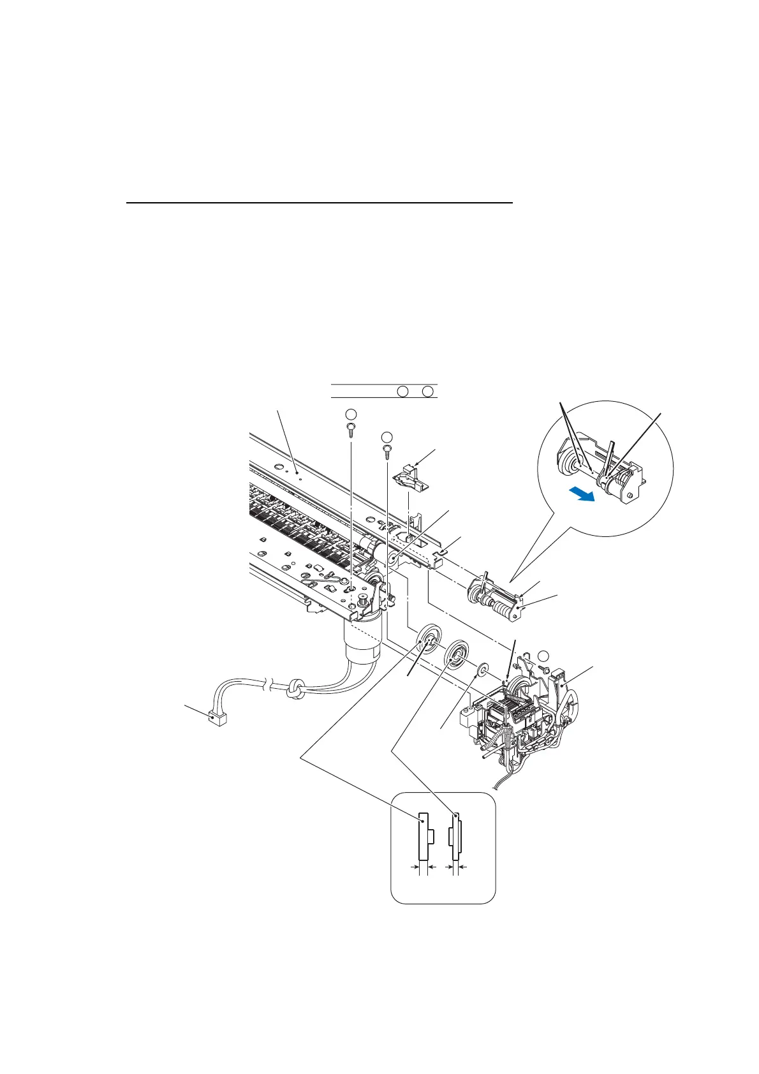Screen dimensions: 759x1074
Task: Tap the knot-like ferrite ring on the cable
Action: point(296,689)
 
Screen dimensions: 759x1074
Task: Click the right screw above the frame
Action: point(387,452)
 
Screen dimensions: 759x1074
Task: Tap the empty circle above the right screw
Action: point(387,437)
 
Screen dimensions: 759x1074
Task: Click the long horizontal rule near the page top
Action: point(319,203)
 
